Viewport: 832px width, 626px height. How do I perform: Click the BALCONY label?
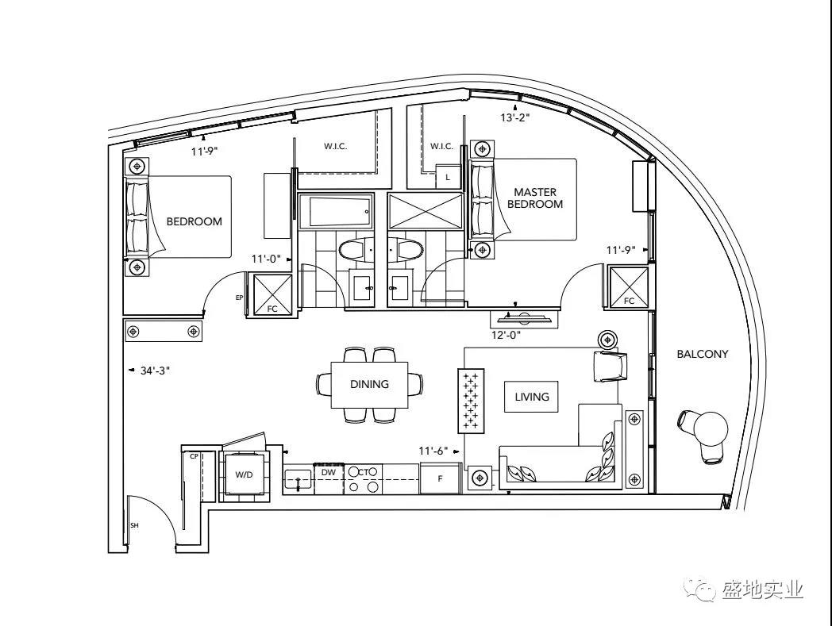(702, 354)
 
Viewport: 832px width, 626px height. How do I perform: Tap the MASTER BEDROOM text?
(535, 198)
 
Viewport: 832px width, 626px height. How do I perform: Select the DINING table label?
(369, 384)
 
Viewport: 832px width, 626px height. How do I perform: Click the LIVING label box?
(531, 396)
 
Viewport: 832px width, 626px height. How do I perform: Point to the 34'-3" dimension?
(155, 371)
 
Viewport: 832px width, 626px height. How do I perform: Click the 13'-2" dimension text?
(515, 117)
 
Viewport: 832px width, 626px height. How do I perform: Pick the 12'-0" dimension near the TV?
(507, 336)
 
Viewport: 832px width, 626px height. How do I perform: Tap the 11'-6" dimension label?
(433, 451)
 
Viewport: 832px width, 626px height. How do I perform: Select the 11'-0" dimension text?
(266, 259)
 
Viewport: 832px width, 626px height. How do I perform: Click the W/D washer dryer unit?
(244, 474)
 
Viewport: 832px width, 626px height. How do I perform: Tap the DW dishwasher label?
(329, 472)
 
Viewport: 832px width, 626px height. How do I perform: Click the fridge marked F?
(441, 478)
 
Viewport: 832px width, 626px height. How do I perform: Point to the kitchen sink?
(298, 479)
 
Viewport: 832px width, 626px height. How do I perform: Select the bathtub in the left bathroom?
(335, 211)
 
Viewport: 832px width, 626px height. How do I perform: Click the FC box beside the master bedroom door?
(629, 287)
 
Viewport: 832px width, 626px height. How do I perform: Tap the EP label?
(239, 298)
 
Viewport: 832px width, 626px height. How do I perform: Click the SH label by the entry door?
(134, 525)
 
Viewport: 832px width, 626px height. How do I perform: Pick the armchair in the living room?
(611, 366)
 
